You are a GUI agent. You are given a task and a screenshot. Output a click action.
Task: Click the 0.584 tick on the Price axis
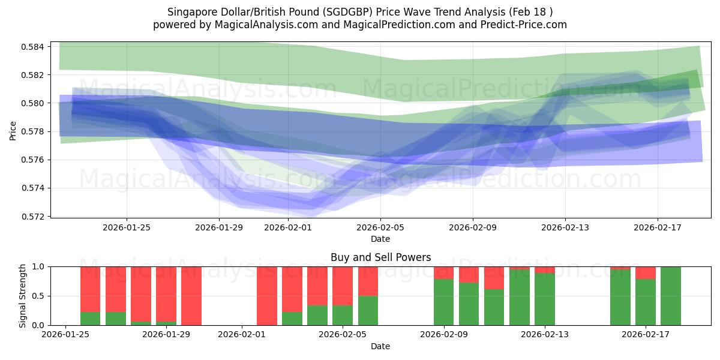click(x=35, y=47)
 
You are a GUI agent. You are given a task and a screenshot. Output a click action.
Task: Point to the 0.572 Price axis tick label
click(x=35, y=216)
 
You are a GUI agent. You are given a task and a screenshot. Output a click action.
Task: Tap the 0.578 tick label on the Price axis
click(x=35, y=131)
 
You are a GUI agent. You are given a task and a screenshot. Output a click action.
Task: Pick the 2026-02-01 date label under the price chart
click(x=287, y=227)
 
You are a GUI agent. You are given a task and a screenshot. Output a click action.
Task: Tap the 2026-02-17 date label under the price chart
click(x=658, y=227)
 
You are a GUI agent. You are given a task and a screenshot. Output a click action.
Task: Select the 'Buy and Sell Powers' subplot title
click(x=380, y=257)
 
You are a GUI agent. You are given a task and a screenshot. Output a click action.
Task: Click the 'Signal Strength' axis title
click(x=22, y=296)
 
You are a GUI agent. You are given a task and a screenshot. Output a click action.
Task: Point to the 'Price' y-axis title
click(x=14, y=130)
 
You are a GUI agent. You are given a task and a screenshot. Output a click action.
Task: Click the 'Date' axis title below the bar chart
click(x=380, y=347)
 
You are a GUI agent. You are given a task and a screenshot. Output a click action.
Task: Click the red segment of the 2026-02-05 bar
click(x=343, y=286)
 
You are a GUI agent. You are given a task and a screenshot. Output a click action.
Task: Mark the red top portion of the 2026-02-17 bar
click(x=646, y=272)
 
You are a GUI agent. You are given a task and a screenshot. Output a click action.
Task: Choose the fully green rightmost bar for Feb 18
click(x=671, y=296)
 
